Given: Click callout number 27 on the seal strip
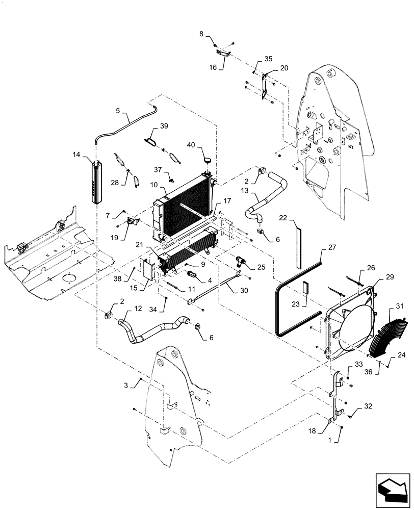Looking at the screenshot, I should tap(332, 247).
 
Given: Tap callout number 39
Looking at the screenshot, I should tap(164, 126).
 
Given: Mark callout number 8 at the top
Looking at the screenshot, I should tap(201, 34).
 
